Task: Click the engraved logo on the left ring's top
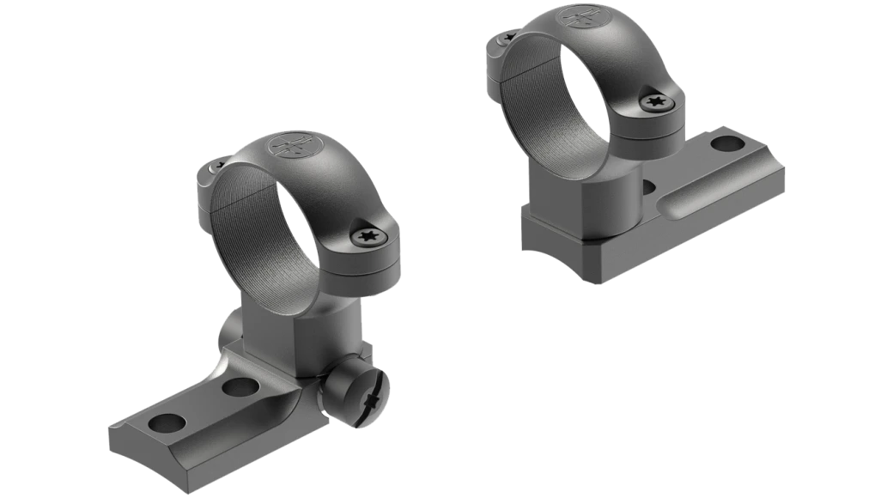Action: [288, 148]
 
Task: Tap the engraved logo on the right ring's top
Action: [577, 19]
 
